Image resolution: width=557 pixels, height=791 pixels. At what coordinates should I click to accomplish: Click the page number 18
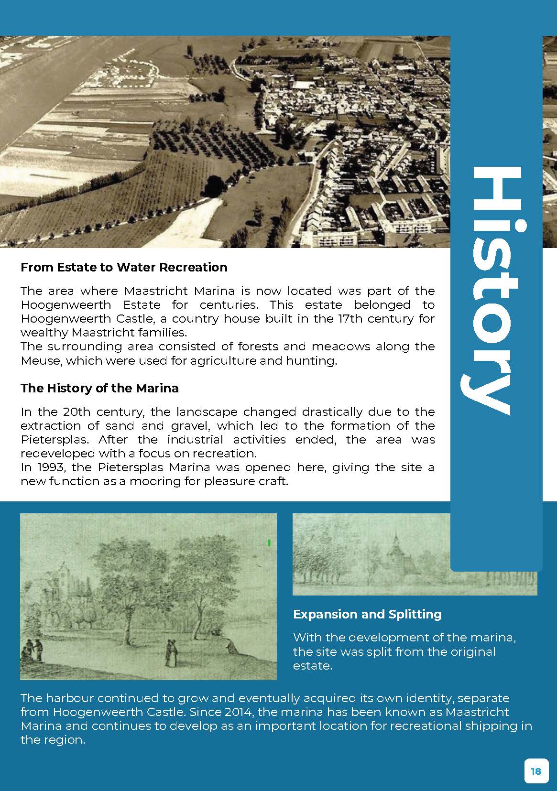(x=536, y=771)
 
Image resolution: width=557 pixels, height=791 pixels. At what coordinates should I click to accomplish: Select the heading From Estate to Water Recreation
(x=124, y=267)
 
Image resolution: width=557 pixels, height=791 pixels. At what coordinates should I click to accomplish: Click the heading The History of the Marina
(x=99, y=388)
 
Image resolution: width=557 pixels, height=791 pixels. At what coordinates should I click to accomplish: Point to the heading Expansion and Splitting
(x=367, y=614)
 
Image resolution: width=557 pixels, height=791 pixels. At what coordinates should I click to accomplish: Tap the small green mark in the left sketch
(x=269, y=542)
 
